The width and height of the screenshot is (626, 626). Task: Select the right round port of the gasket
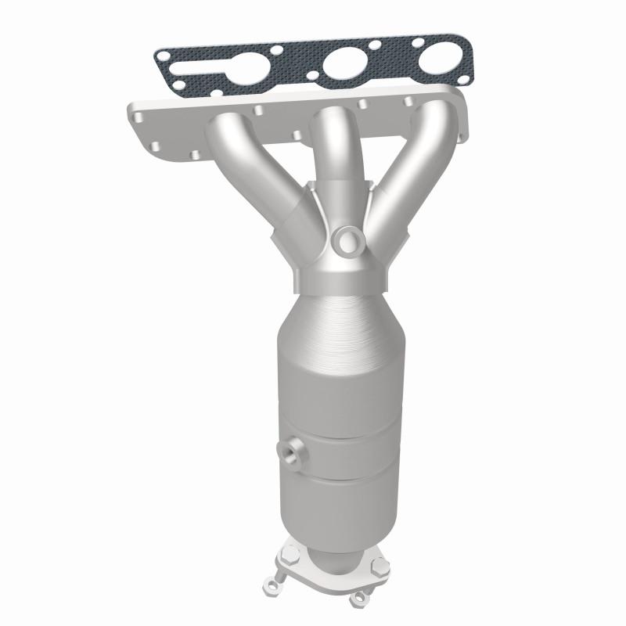point(437,62)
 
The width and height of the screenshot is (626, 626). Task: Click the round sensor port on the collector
point(345,238)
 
